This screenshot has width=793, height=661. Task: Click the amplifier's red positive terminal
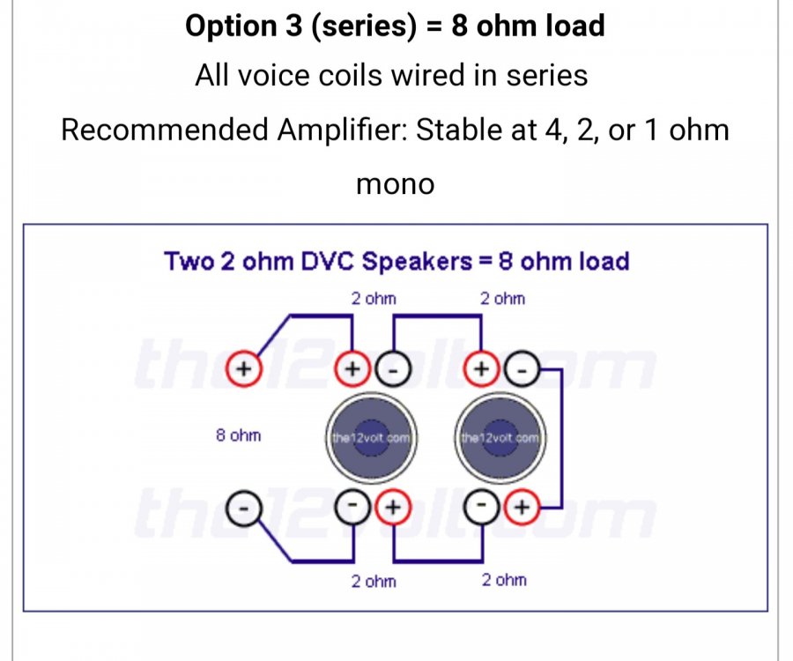click(243, 368)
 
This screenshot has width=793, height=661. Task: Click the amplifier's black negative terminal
click(244, 508)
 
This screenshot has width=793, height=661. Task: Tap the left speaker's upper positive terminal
click(352, 368)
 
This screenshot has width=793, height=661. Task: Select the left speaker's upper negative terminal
click(393, 368)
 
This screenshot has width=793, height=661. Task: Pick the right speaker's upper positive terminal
click(481, 368)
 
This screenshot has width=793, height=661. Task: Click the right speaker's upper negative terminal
click(522, 368)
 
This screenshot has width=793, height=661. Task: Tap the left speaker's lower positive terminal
click(393, 506)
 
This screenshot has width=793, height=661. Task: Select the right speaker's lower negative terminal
click(482, 506)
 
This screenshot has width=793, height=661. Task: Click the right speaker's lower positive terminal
click(522, 506)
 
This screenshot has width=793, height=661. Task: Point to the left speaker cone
click(371, 437)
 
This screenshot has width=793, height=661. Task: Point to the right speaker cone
click(500, 437)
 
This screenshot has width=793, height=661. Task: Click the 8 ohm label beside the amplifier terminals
click(238, 434)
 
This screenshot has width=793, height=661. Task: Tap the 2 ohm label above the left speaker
click(374, 299)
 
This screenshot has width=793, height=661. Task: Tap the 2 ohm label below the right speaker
click(504, 580)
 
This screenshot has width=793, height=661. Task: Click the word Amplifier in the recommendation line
click(343, 130)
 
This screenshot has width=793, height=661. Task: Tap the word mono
click(395, 184)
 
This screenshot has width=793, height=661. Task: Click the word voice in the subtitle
click(273, 76)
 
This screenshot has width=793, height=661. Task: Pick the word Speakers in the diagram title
click(418, 262)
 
